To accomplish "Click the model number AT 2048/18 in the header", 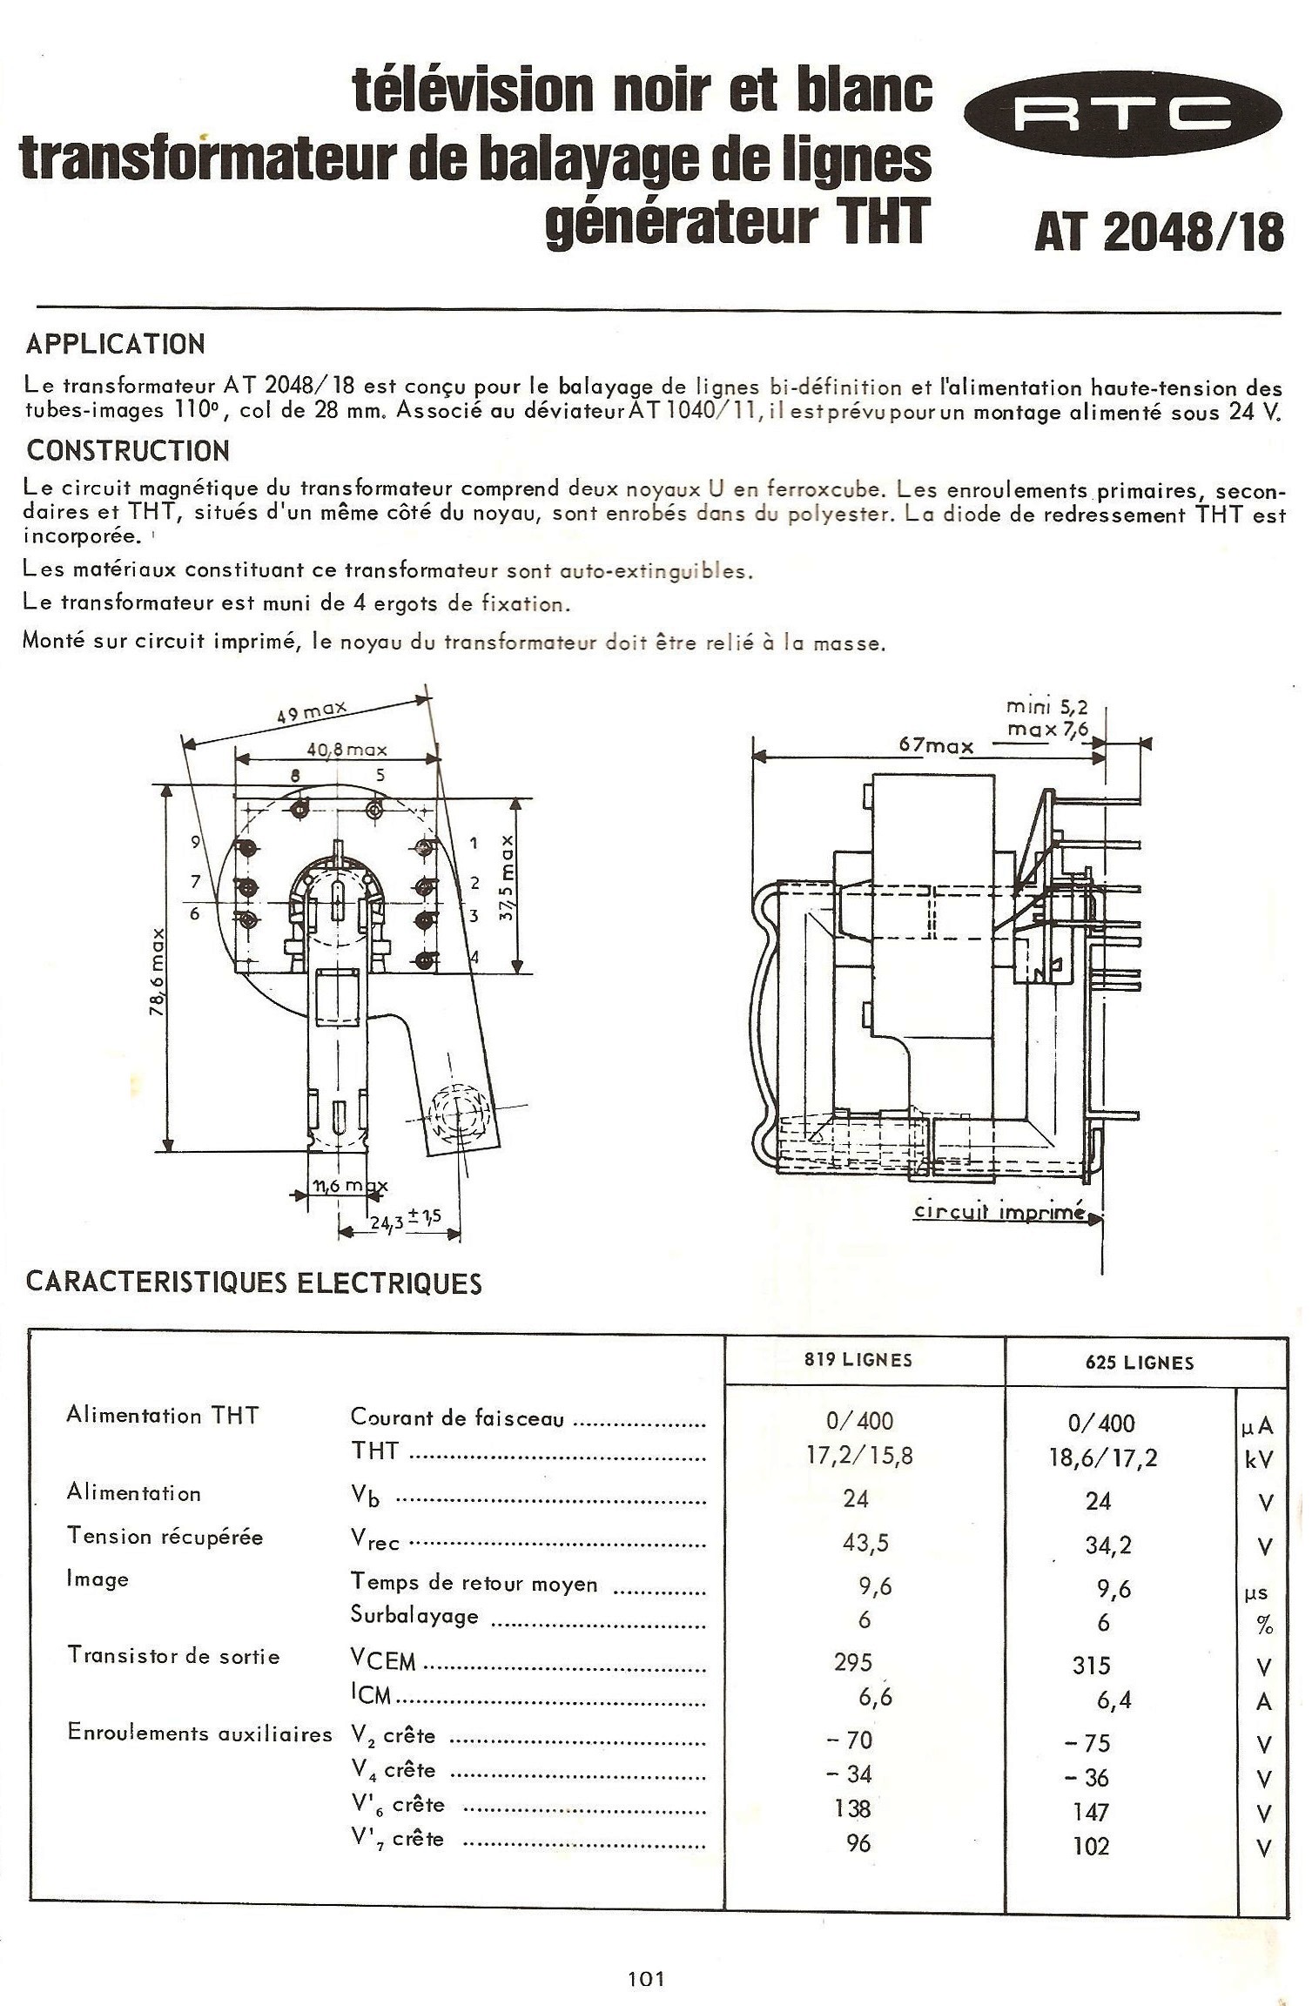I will click(x=1159, y=232).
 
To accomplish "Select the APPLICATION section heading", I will click(x=116, y=345).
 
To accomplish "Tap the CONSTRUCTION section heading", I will click(x=128, y=451).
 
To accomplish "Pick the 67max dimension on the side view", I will click(x=936, y=746).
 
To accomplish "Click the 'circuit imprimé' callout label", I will click(x=999, y=1212).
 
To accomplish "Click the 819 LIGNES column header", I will click(x=858, y=1361).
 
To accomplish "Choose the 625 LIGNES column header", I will click(x=1140, y=1363).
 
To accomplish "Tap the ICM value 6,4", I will click(x=1114, y=1699).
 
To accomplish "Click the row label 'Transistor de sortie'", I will click(x=173, y=1656).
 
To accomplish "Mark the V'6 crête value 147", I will click(x=1091, y=1812).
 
